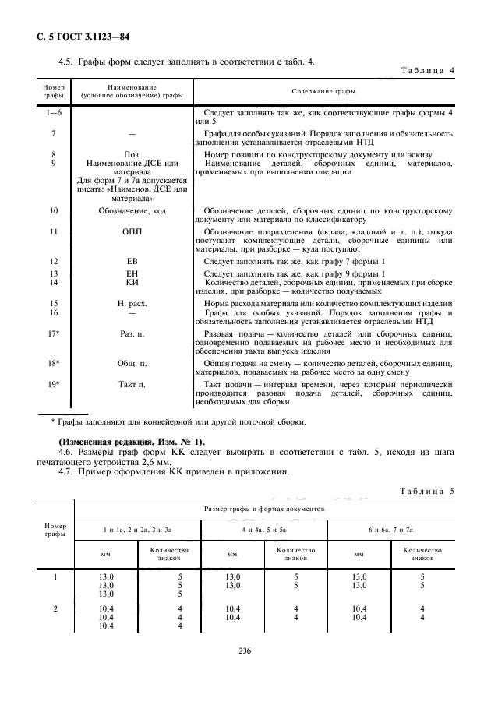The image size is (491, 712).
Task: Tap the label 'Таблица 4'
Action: point(428,71)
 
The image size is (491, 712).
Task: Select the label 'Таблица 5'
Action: point(428,491)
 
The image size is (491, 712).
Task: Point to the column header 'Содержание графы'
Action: point(323,91)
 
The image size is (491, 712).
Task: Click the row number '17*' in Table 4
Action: point(54,333)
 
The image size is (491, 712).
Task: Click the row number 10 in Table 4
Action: point(54,211)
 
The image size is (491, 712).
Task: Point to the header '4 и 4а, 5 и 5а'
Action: point(263,530)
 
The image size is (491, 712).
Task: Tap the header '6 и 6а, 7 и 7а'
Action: point(390,530)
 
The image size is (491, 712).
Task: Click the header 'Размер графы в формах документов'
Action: point(264,508)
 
